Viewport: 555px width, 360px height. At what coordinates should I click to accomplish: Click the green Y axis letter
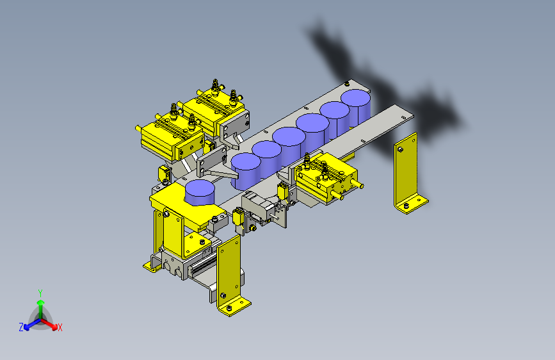click(x=40, y=293)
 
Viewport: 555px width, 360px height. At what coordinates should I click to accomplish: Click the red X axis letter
click(x=60, y=327)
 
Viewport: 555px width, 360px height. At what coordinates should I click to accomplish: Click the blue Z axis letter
click(x=21, y=327)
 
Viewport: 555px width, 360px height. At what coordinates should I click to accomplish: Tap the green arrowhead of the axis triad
click(x=41, y=302)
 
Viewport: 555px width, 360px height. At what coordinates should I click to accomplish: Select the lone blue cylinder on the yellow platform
click(x=200, y=192)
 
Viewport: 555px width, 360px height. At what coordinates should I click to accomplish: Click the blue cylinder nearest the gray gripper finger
click(x=246, y=171)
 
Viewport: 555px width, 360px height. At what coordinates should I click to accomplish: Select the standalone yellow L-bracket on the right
click(x=409, y=174)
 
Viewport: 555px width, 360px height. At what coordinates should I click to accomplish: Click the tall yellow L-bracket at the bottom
click(x=232, y=275)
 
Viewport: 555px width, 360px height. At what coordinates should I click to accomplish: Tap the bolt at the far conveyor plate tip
click(x=347, y=84)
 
